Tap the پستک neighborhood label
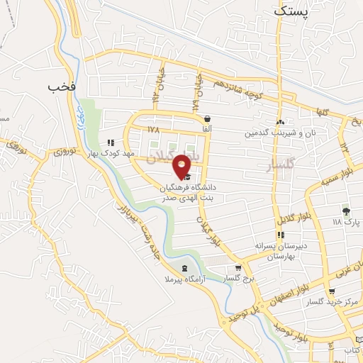tap(291, 11)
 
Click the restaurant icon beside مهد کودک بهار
tap(111, 142)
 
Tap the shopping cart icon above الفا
tap(206, 120)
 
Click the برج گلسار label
tap(240, 280)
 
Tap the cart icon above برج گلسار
tap(238, 269)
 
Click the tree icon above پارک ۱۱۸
tap(346, 211)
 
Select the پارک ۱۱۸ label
tap(347, 222)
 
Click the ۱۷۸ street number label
tap(155, 130)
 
